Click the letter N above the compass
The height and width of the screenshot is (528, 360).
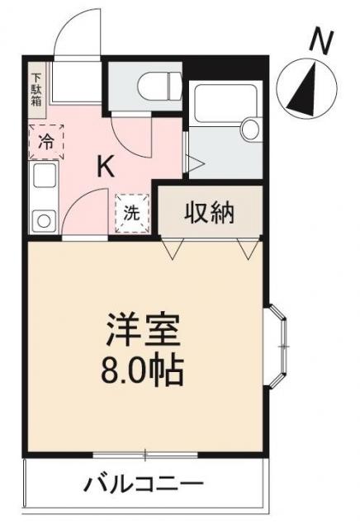pos(321,42)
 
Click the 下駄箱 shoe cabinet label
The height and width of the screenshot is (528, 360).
pos(36,90)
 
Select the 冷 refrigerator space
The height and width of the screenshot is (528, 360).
pos(46,142)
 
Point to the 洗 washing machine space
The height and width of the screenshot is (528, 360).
pos(132,213)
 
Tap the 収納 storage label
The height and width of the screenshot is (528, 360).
pos(210,213)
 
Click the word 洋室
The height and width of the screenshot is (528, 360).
pos(143,329)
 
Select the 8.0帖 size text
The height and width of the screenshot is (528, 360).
pos(142,371)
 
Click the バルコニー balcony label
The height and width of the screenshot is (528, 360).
pos(144,483)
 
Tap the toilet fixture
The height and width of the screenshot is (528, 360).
pos(160,86)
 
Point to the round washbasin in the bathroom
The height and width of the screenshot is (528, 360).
pos(251,128)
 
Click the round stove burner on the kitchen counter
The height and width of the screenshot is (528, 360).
pos(44,221)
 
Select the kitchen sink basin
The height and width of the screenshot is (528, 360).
pos(44,176)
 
